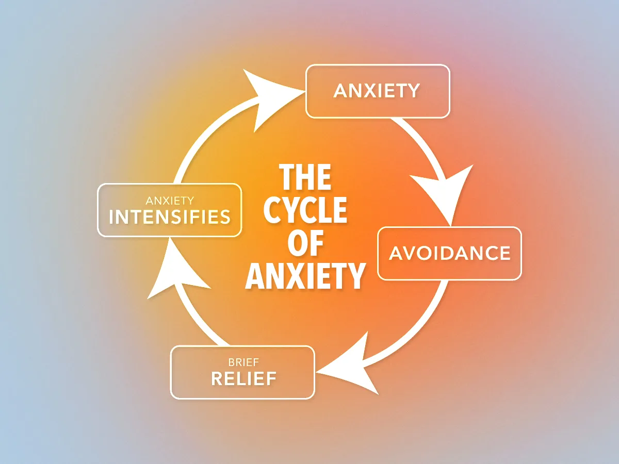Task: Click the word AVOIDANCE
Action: [x=449, y=253]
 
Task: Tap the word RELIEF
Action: [x=243, y=379]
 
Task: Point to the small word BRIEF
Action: [x=243, y=362]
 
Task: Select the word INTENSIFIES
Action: [x=170, y=217]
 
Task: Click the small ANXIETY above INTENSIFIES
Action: [x=170, y=200]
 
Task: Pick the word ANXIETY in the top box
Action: [x=377, y=91]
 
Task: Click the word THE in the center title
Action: [x=305, y=178]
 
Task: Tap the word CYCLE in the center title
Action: [x=305, y=210]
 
